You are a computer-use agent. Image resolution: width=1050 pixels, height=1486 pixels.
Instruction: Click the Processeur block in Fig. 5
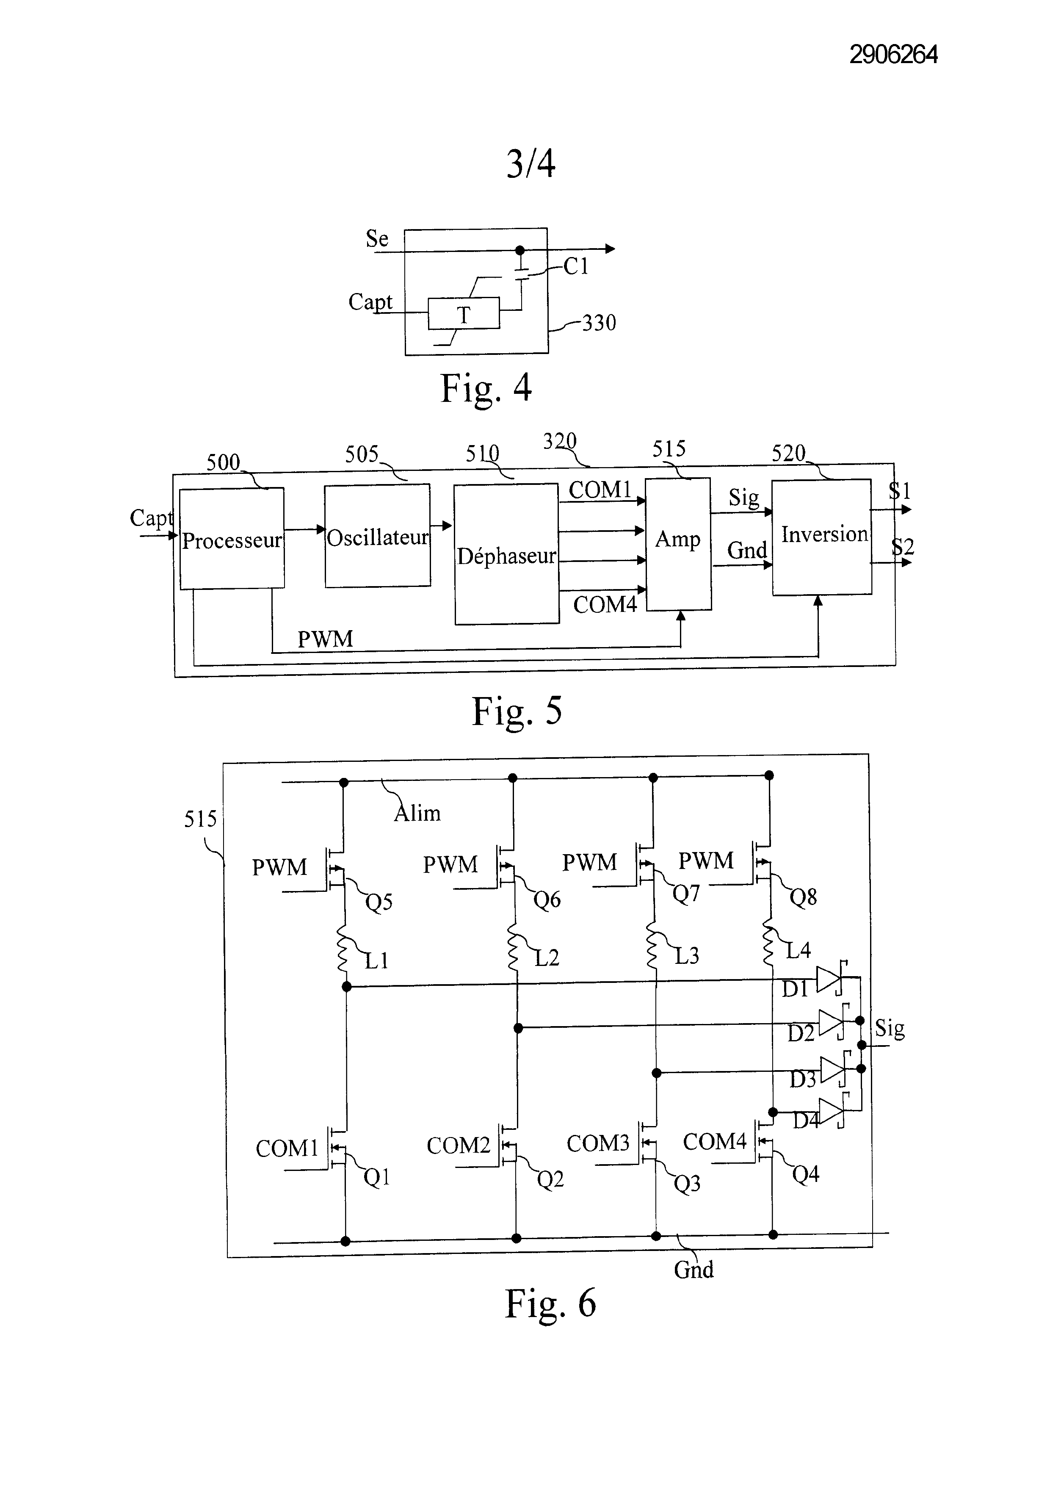[232, 539]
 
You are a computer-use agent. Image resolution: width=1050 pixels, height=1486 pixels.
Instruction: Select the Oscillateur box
[378, 536]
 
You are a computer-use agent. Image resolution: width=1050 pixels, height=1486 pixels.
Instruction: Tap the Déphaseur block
[506, 554]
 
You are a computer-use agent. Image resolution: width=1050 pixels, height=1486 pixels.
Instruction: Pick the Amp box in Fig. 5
[679, 544]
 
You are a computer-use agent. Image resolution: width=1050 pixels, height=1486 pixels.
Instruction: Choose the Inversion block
[822, 537]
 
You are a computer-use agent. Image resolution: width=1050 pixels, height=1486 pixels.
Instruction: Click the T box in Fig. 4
[463, 314]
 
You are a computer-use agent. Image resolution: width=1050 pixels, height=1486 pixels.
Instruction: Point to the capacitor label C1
[576, 266]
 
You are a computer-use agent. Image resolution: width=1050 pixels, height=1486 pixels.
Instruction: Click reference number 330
[599, 322]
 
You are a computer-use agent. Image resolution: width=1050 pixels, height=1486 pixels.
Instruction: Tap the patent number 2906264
[893, 54]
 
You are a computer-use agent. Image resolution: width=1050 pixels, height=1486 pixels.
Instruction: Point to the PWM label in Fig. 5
[326, 639]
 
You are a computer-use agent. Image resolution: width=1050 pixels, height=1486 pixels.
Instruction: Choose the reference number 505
[362, 454]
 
